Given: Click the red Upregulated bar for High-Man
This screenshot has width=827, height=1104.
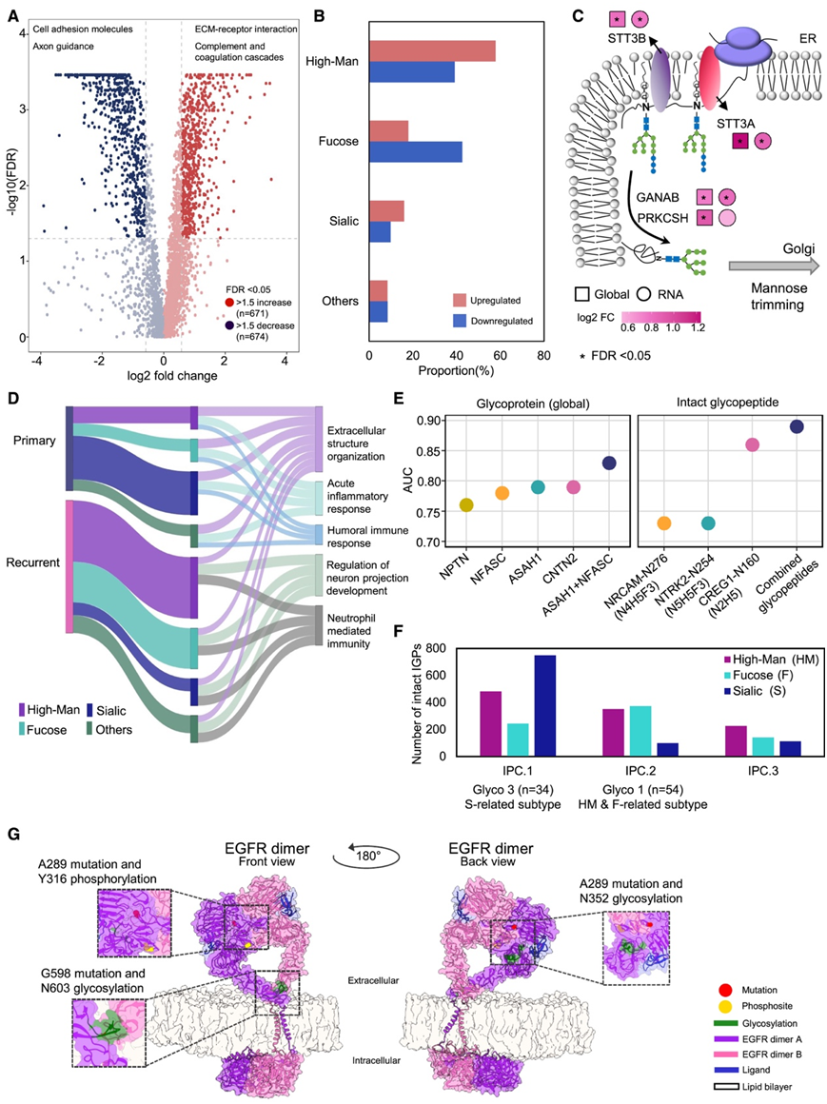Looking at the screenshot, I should pos(432,51).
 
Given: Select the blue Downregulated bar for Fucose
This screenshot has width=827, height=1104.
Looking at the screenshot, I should pos(415,151).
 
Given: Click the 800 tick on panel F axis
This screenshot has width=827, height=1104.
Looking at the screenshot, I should pos(443,649).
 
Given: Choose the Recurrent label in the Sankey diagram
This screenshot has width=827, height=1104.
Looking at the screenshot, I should pos(33,563).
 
